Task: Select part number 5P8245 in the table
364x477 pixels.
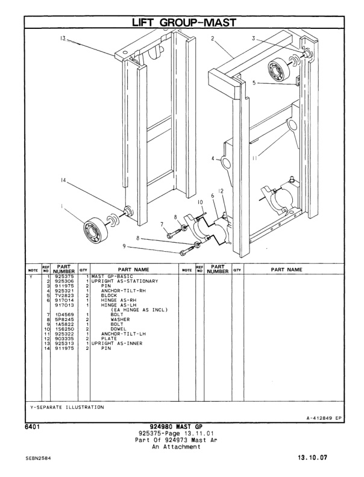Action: click(64, 319)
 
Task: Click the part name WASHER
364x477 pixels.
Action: click(119, 319)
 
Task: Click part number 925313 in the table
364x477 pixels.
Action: click(64, 343)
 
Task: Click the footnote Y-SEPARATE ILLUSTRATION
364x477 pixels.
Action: click(67, 407)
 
